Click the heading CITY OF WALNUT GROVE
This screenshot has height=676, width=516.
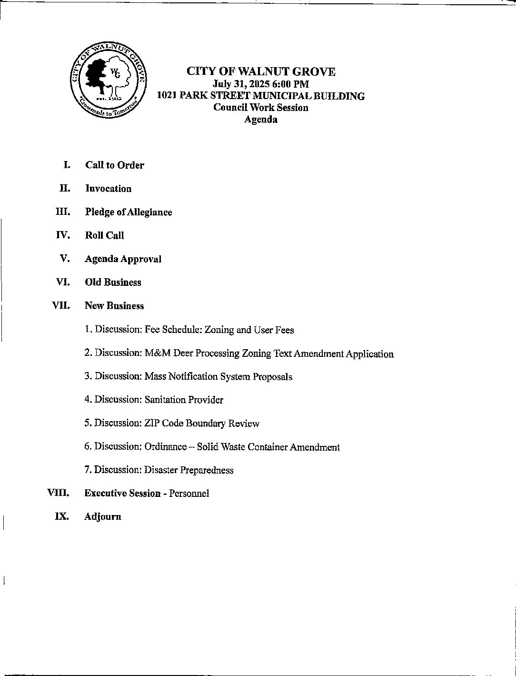coord(260,72)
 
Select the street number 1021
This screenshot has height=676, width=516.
coord(167,96)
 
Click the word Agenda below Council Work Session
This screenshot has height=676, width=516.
coord(260,120)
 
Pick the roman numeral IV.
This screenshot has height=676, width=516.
coord(63,235)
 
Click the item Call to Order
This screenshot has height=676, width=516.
coord(115,165)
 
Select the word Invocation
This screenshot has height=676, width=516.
coord(108,189)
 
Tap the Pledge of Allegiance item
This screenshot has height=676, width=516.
coord(129,212)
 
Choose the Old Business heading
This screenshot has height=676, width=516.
coord(113,283)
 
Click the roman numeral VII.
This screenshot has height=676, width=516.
coord(61,306)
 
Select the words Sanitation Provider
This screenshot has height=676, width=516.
coord(184,400)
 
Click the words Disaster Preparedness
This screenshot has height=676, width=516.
coord(189,471)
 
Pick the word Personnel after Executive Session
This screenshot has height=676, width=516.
coord(189,494)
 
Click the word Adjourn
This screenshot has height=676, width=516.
coord(103,517)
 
